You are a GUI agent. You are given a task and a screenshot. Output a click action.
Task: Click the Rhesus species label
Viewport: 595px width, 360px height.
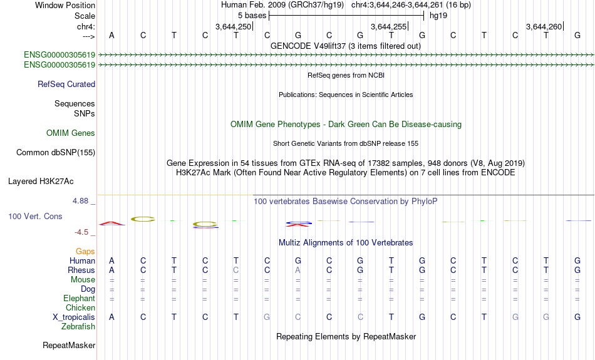pyautogui.click(x=81, y=270)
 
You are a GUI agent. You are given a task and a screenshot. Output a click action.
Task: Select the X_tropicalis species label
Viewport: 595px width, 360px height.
pyautogui.click(x=74, y=317)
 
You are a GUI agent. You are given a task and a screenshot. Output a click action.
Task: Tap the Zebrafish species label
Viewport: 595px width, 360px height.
pyautogui.click(x=78, y=326)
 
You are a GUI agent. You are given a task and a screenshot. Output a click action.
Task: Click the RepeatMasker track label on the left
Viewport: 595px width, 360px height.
pyautogui.click(x=69, y=345)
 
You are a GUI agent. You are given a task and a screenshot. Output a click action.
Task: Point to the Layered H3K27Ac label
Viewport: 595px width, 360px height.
pyautogui.click(x=41, y=182)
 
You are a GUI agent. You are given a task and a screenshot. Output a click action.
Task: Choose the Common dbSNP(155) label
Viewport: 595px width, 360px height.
pyautogui.click(x=55, y=153)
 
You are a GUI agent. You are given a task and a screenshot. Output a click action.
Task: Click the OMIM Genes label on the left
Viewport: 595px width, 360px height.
pyautogui.click(x=71, y=133)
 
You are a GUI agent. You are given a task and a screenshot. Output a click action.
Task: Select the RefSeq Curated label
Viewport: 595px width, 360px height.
pyautogui.click(x=66, y=85)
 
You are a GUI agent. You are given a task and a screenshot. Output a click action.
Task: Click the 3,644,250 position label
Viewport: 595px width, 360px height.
pyautogui.click(x=233, y=26)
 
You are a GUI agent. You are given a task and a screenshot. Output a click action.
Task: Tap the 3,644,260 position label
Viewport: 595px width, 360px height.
pyautogui.click(x=544, y=26)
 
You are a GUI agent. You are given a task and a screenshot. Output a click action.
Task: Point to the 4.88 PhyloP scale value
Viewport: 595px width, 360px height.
pyautogui.click(x=80, y=201)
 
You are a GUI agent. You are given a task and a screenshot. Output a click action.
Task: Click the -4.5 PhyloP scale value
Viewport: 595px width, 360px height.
pyautogui.click(x=81, y=232)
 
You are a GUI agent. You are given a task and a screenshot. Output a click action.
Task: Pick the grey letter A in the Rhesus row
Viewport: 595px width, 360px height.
pyautogui.click(x=298, y=270)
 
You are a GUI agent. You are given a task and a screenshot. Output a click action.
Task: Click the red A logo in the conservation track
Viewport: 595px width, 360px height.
pyautogui.click(x=111, y=224)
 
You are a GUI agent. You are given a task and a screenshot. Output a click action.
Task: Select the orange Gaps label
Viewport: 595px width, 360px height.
pyautogui.click(x=85, y=251)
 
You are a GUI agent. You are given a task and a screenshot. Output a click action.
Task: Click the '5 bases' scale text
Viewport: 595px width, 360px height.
pyautogui.click(x=252, y=16)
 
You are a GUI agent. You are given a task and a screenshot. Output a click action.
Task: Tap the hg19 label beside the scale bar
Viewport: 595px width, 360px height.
pyautogui.click(x=438, y=16)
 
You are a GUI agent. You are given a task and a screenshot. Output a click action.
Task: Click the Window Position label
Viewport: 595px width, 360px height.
pyautogui.click(x=65, y=5)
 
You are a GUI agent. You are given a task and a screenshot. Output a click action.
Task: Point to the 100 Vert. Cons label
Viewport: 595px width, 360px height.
pyautogui.click(x=35, y=216)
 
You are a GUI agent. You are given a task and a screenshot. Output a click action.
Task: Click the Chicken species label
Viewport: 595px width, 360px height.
pyautogui.click(x=80, y=307)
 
